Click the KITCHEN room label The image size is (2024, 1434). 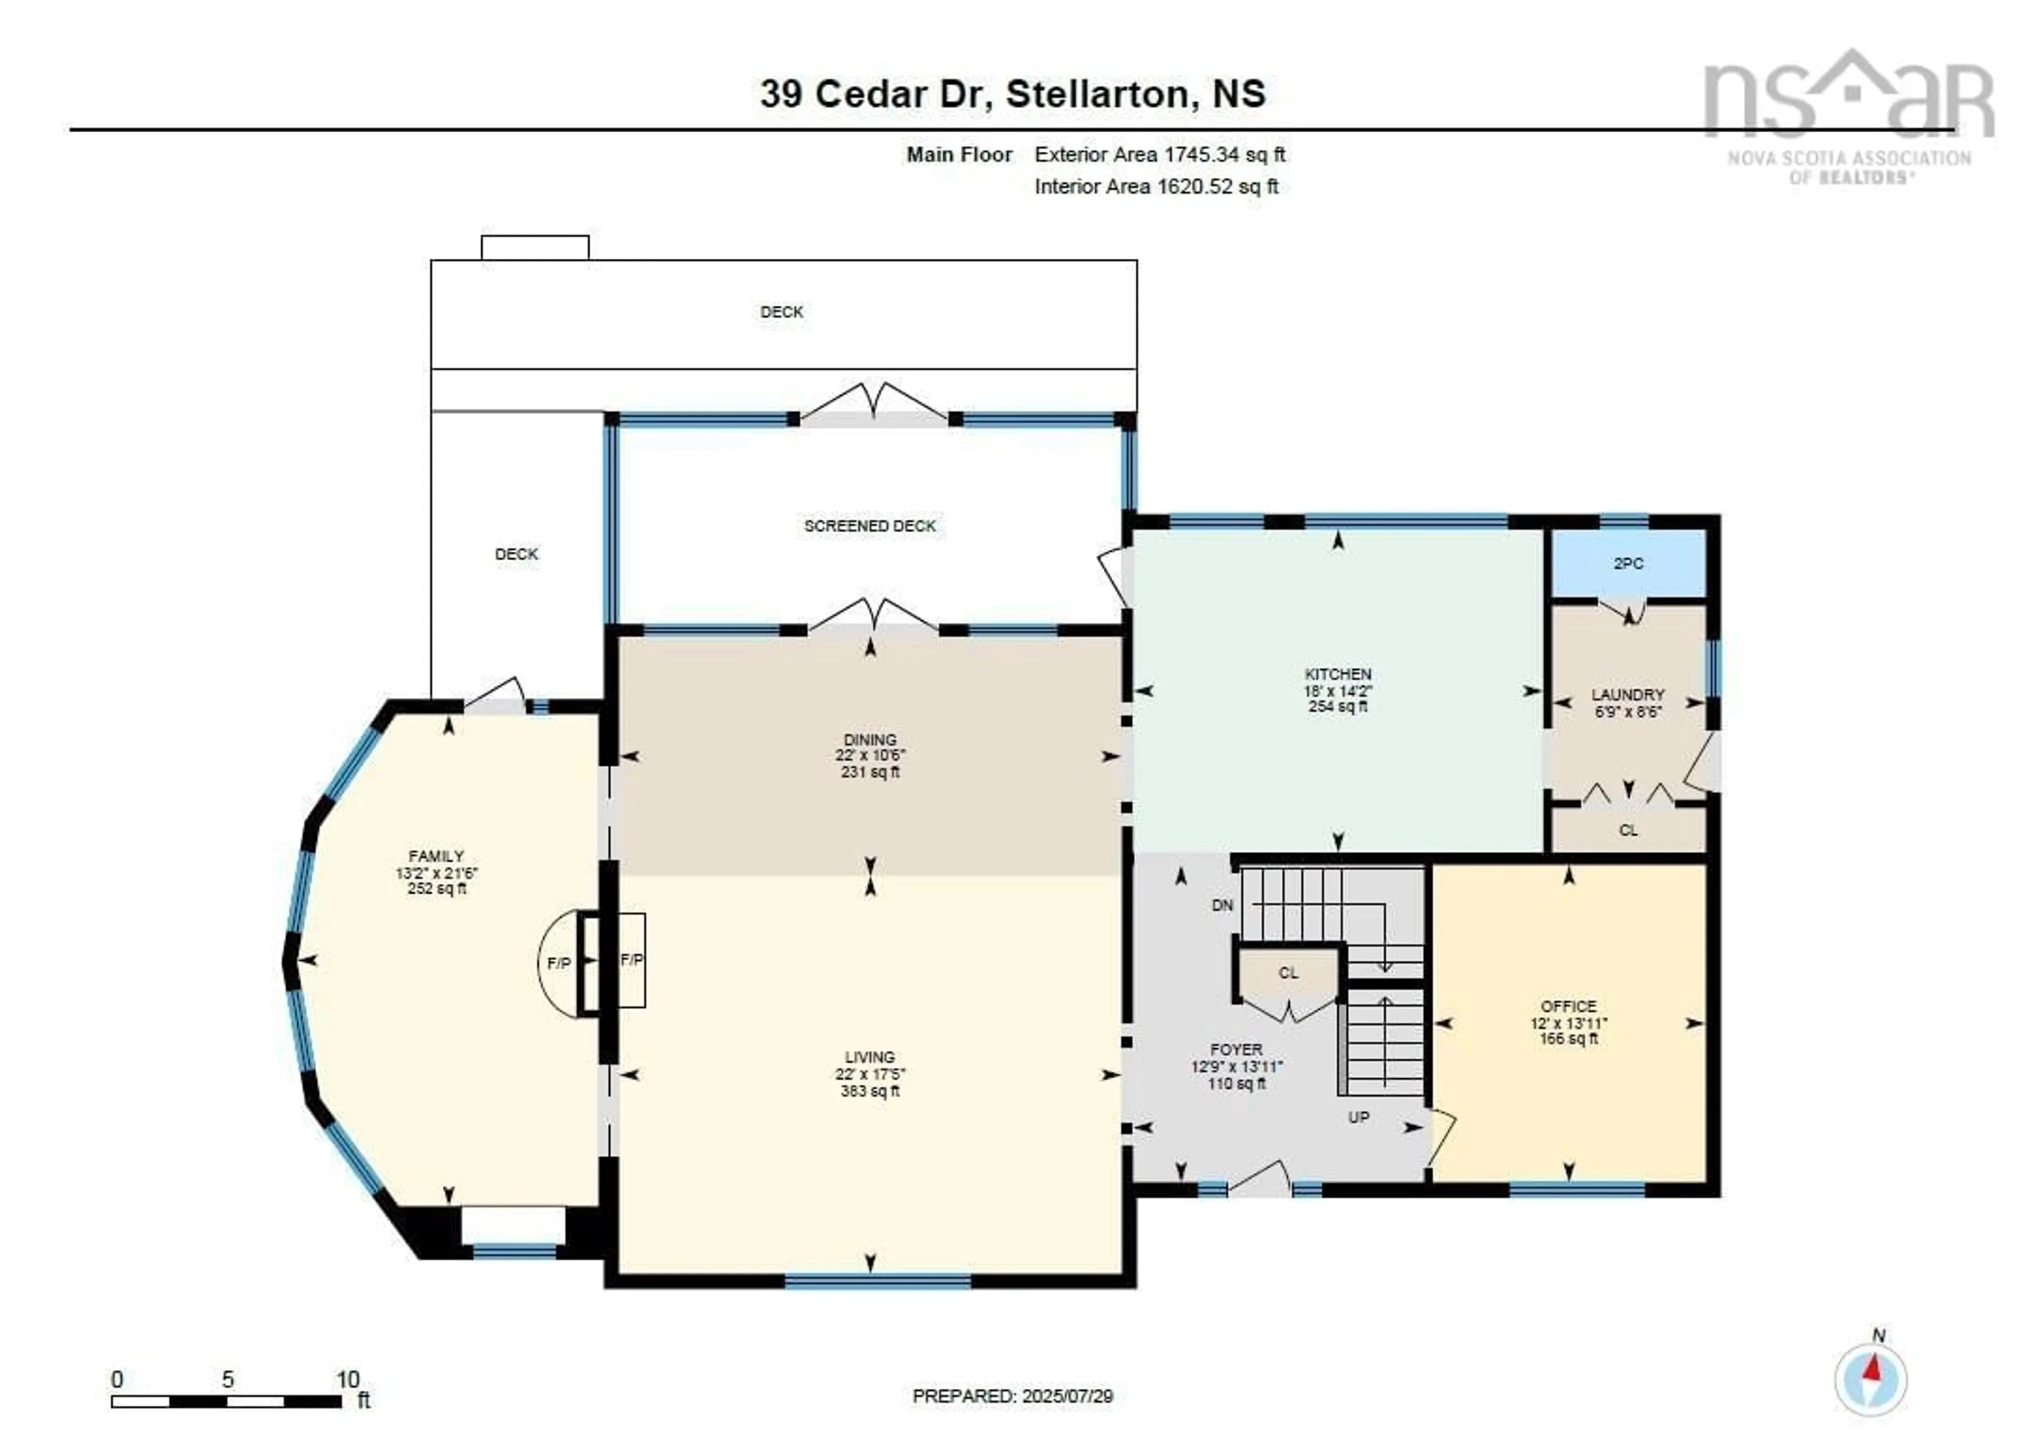pos(1337,674)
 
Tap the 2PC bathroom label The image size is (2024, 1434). pos(1628,563)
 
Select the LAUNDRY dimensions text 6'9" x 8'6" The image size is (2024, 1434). pos(1628,711)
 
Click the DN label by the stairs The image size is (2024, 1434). pos(1222,905)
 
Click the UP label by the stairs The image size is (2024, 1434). pos(1358,1117)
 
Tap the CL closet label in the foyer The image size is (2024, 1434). pos(1288,973)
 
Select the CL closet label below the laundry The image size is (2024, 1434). pos(1628,830)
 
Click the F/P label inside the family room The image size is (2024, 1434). pos(558,963)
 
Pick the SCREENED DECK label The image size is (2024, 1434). pos(870,525)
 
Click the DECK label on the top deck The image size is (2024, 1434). pos(782,311)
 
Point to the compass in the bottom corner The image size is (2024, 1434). pos(1870,1380)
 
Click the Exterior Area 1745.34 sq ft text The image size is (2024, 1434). pos(1160,154)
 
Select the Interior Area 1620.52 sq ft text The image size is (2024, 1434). pos(1156,187)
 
